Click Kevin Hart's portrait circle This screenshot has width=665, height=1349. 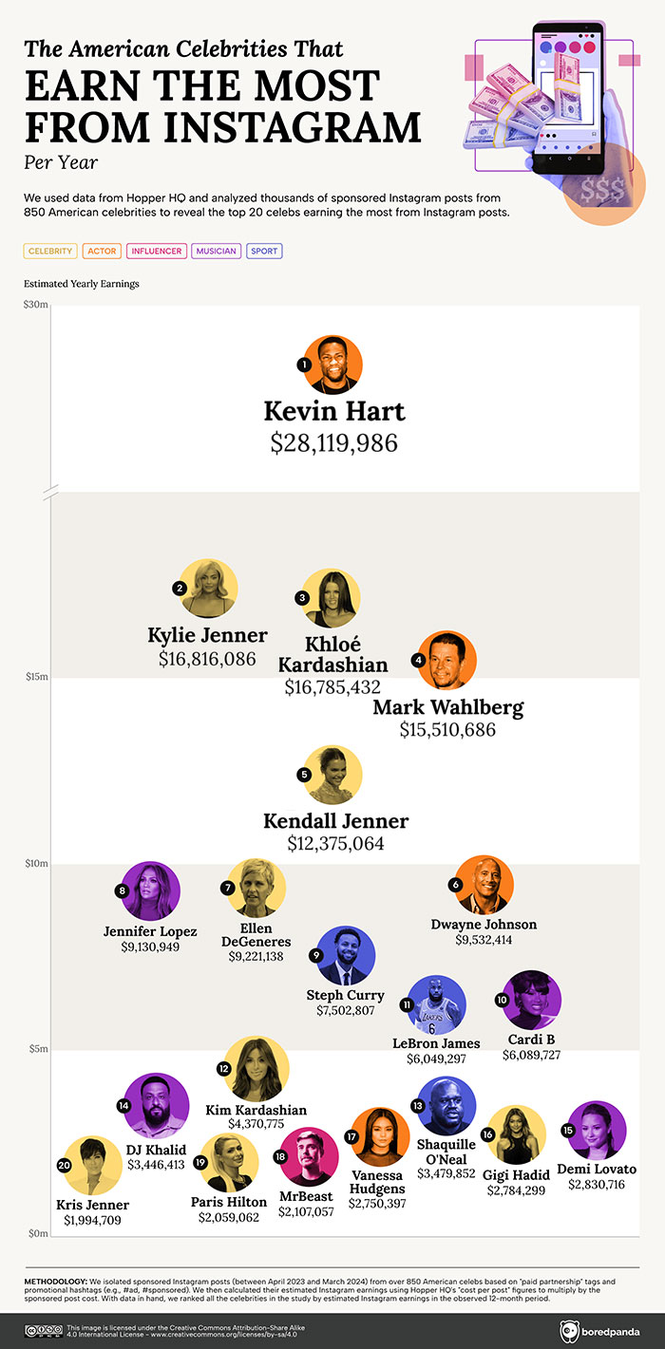tap(333, 365)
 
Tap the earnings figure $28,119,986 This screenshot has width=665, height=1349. tap(333, 442)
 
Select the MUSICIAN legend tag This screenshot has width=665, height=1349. tap(216, 252)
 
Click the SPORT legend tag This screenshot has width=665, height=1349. tap(264, 252)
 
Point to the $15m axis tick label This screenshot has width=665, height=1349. tap(37, 677)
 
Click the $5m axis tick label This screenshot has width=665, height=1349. tap(37, 1049)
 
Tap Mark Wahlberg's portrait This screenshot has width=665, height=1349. tap(447, 660)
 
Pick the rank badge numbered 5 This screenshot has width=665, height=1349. tap(304, 775)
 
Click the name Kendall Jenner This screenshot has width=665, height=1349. tap(335, 820)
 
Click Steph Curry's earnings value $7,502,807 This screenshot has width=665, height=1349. tap(346, 1012)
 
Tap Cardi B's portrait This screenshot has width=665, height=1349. tap(532, 1000)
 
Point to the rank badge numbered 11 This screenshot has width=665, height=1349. tap(406, 1004)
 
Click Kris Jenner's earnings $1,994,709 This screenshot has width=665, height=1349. tap(92, 1220)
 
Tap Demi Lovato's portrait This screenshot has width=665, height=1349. tap(597, 1131)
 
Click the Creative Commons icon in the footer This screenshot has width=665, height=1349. tap(41, 1330)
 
